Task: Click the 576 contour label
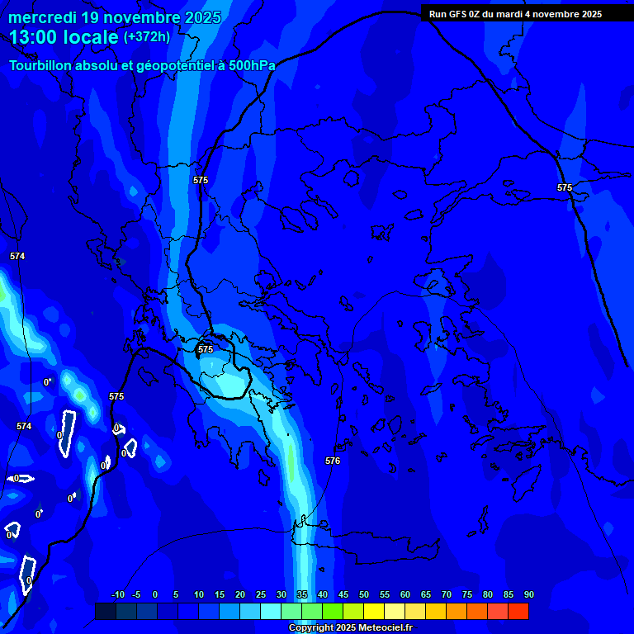(333, 461)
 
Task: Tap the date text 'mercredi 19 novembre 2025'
(115, 17)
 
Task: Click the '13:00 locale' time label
(64, 37)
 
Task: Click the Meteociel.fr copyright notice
(349, 628)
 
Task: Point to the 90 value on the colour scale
(528, 594)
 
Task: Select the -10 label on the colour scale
(117, 594)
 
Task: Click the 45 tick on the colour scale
(343, 594)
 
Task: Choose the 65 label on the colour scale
(425, 594)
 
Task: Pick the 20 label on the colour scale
(239, 594)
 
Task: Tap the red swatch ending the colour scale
(518, 611)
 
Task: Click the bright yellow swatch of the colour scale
(374, 611)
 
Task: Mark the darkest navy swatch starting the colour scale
(105, 611)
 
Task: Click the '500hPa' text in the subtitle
(251, 65)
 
